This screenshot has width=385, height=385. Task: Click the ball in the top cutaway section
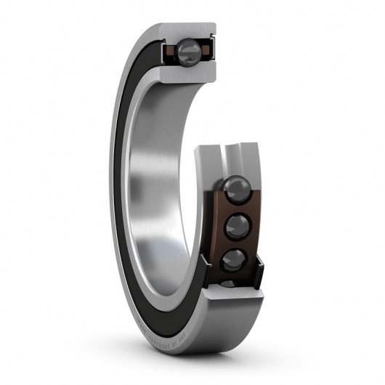[190, 50]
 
